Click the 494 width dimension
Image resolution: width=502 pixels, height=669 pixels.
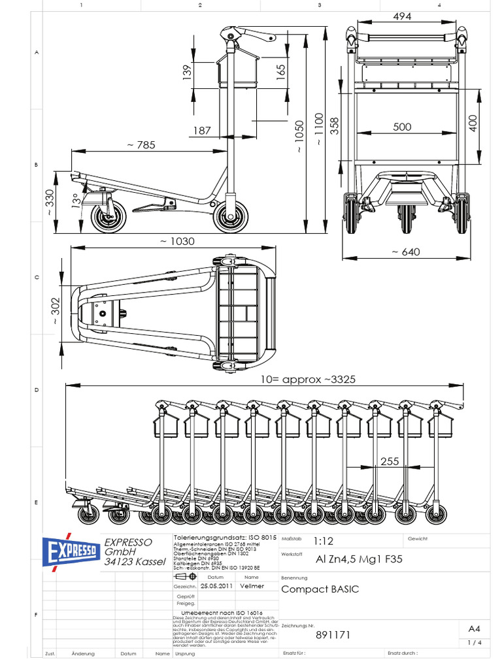point(402,16)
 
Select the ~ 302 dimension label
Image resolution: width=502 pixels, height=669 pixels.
point(56,305)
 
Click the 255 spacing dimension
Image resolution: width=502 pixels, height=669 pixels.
point(389,461)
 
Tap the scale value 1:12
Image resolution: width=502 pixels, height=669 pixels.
point(323,542)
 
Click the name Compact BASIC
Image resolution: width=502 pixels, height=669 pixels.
point(320,589)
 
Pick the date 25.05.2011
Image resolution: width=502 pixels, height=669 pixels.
point(218,586)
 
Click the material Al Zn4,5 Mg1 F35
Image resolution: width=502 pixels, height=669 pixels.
point(359,559)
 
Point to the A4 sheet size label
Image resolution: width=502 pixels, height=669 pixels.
point(475,628)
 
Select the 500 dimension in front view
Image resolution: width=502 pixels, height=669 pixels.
point(402,127)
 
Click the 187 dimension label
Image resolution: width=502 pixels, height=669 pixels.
point(202,131)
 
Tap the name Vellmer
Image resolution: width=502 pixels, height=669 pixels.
point(252,586)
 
